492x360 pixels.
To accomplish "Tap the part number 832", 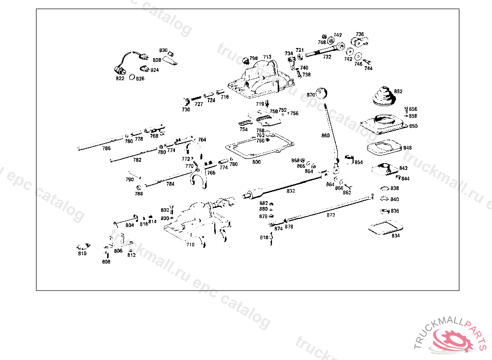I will pos(291,191).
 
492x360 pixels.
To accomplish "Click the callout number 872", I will pos(331,215).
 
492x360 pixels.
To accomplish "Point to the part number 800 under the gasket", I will pos(257,162).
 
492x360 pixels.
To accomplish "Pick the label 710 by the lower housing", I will pos(190,244).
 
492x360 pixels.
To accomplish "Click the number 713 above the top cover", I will pos(267,57).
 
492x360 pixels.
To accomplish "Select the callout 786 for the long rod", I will pos(106,148).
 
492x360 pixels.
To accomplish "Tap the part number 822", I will pos(120,78).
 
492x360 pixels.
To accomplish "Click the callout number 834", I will pos(395,236).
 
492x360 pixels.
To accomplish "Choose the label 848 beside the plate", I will pos(407,148).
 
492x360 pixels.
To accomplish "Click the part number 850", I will pos(413,126).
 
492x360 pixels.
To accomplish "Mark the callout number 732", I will pos(327,57).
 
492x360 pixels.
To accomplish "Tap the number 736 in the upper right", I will pos(360,34).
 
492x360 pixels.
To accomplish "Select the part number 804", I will pos(130,225).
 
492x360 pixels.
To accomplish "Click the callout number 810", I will pos(82,253).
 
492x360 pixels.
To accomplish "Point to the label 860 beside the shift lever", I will pos(325,136).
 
